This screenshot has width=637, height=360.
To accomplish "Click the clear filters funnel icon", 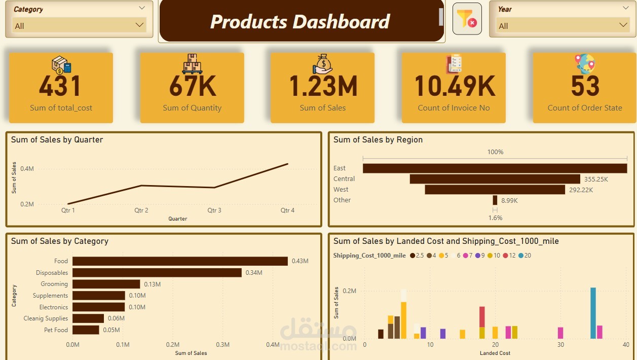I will [467, 19].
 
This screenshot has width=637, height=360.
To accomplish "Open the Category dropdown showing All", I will [79, 25].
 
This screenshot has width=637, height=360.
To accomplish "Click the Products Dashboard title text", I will [300, 21].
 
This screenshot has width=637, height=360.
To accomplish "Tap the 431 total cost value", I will [60, 86].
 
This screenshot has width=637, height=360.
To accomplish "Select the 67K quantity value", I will [192, 86].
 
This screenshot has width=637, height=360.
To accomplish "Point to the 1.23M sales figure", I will [323, 86].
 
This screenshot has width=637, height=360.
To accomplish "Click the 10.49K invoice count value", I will [454, 86].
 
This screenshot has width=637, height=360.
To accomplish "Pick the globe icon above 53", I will [585, 63].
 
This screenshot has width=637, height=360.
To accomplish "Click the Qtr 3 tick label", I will [214, 210].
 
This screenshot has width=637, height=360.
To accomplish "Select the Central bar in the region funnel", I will [495, 179].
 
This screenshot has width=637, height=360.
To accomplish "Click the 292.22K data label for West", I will [581, 190].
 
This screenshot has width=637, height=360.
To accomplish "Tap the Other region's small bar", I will [495, 200].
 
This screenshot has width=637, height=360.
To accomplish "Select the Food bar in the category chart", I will [180, 261].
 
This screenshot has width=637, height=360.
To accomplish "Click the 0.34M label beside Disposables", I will [254, 273].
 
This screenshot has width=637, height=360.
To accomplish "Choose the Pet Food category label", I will [56, 330].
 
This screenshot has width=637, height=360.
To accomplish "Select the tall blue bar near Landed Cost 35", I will [593, 313].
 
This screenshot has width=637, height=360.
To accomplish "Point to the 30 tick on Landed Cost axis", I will [560, 345].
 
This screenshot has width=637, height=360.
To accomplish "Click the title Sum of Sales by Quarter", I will [57, 140].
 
